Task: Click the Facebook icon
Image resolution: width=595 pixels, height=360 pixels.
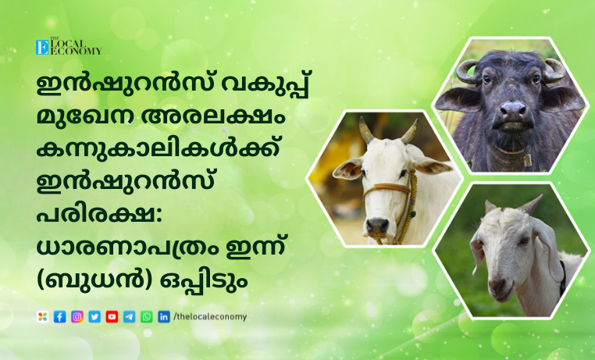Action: pos(59,317)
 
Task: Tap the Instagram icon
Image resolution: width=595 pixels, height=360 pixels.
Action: pos(77,317)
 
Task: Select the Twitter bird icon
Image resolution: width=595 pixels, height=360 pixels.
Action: pos(94,317)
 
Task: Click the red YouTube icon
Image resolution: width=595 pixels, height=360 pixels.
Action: pos(112,317)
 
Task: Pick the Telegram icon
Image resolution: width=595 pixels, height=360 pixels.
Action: pos(129,317)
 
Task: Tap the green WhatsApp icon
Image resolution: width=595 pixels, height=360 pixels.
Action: pos(147,317)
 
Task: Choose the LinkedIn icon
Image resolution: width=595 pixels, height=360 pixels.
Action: pos(164,317)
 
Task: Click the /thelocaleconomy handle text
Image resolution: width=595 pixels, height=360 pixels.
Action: pos(210,317)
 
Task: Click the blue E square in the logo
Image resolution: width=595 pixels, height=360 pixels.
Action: pos(42,48)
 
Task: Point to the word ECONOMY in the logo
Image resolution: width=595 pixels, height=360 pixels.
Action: pos(76,52)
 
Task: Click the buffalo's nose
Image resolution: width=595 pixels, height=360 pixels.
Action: pos(513,110)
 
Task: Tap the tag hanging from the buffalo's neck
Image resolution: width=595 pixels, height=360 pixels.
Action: pos(527,160)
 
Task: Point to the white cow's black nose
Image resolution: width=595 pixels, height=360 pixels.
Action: pos(377,226)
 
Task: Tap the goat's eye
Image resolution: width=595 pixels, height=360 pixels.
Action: pos(524,241)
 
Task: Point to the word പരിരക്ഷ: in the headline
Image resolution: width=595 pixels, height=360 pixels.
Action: pos(99,215)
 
